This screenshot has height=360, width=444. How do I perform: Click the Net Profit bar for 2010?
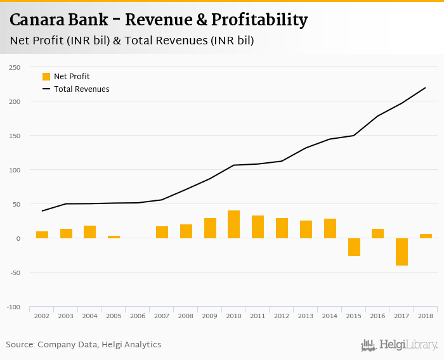[233, 224]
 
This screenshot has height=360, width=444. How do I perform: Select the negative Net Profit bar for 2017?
[402, 252]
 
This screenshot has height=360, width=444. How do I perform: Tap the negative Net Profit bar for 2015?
[353, 247]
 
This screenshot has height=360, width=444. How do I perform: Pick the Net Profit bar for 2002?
[42, 235]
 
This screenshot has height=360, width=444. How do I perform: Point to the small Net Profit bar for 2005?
[114, 237]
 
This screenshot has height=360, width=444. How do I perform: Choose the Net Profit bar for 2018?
[426, 236]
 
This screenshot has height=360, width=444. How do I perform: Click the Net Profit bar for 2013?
[306, 229]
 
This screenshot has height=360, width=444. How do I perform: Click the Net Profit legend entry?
[66, 77]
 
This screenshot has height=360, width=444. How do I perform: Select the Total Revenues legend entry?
[75, 89]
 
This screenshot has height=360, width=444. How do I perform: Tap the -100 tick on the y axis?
[13, 307]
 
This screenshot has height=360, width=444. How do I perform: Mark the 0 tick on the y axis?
[18, 238]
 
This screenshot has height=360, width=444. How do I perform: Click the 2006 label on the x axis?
[138, 315]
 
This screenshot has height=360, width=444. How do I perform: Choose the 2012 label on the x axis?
[282, 315]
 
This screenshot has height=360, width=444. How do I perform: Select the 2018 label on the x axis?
[426, 315]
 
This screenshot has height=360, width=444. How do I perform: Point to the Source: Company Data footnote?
[84, 345]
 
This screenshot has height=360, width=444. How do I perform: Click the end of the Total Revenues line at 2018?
[426, 87]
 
